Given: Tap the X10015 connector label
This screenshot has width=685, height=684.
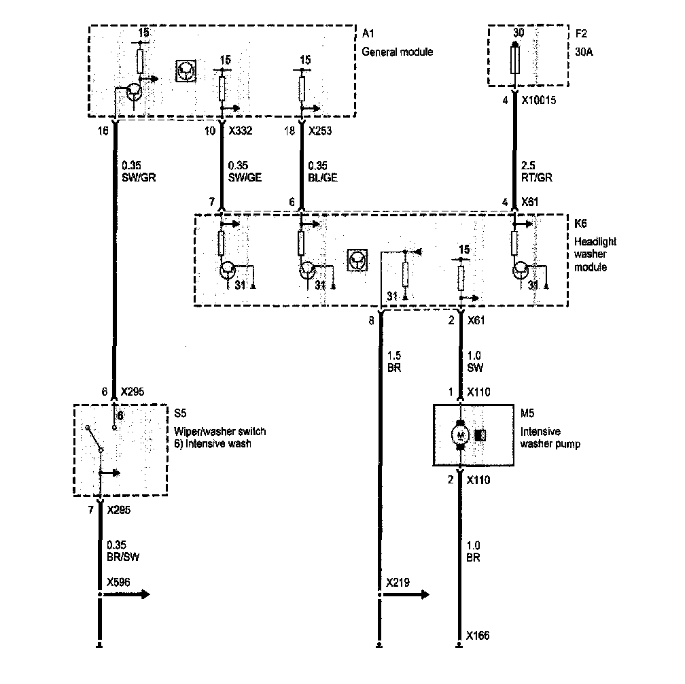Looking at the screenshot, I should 543,99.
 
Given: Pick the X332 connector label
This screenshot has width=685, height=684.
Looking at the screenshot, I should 241,131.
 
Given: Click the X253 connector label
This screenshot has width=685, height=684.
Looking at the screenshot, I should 320,131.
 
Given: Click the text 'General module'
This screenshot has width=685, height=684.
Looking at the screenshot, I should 397,52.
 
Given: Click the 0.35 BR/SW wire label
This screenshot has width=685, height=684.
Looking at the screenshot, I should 123,550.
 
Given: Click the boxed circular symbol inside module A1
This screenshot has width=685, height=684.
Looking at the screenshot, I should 186,71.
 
